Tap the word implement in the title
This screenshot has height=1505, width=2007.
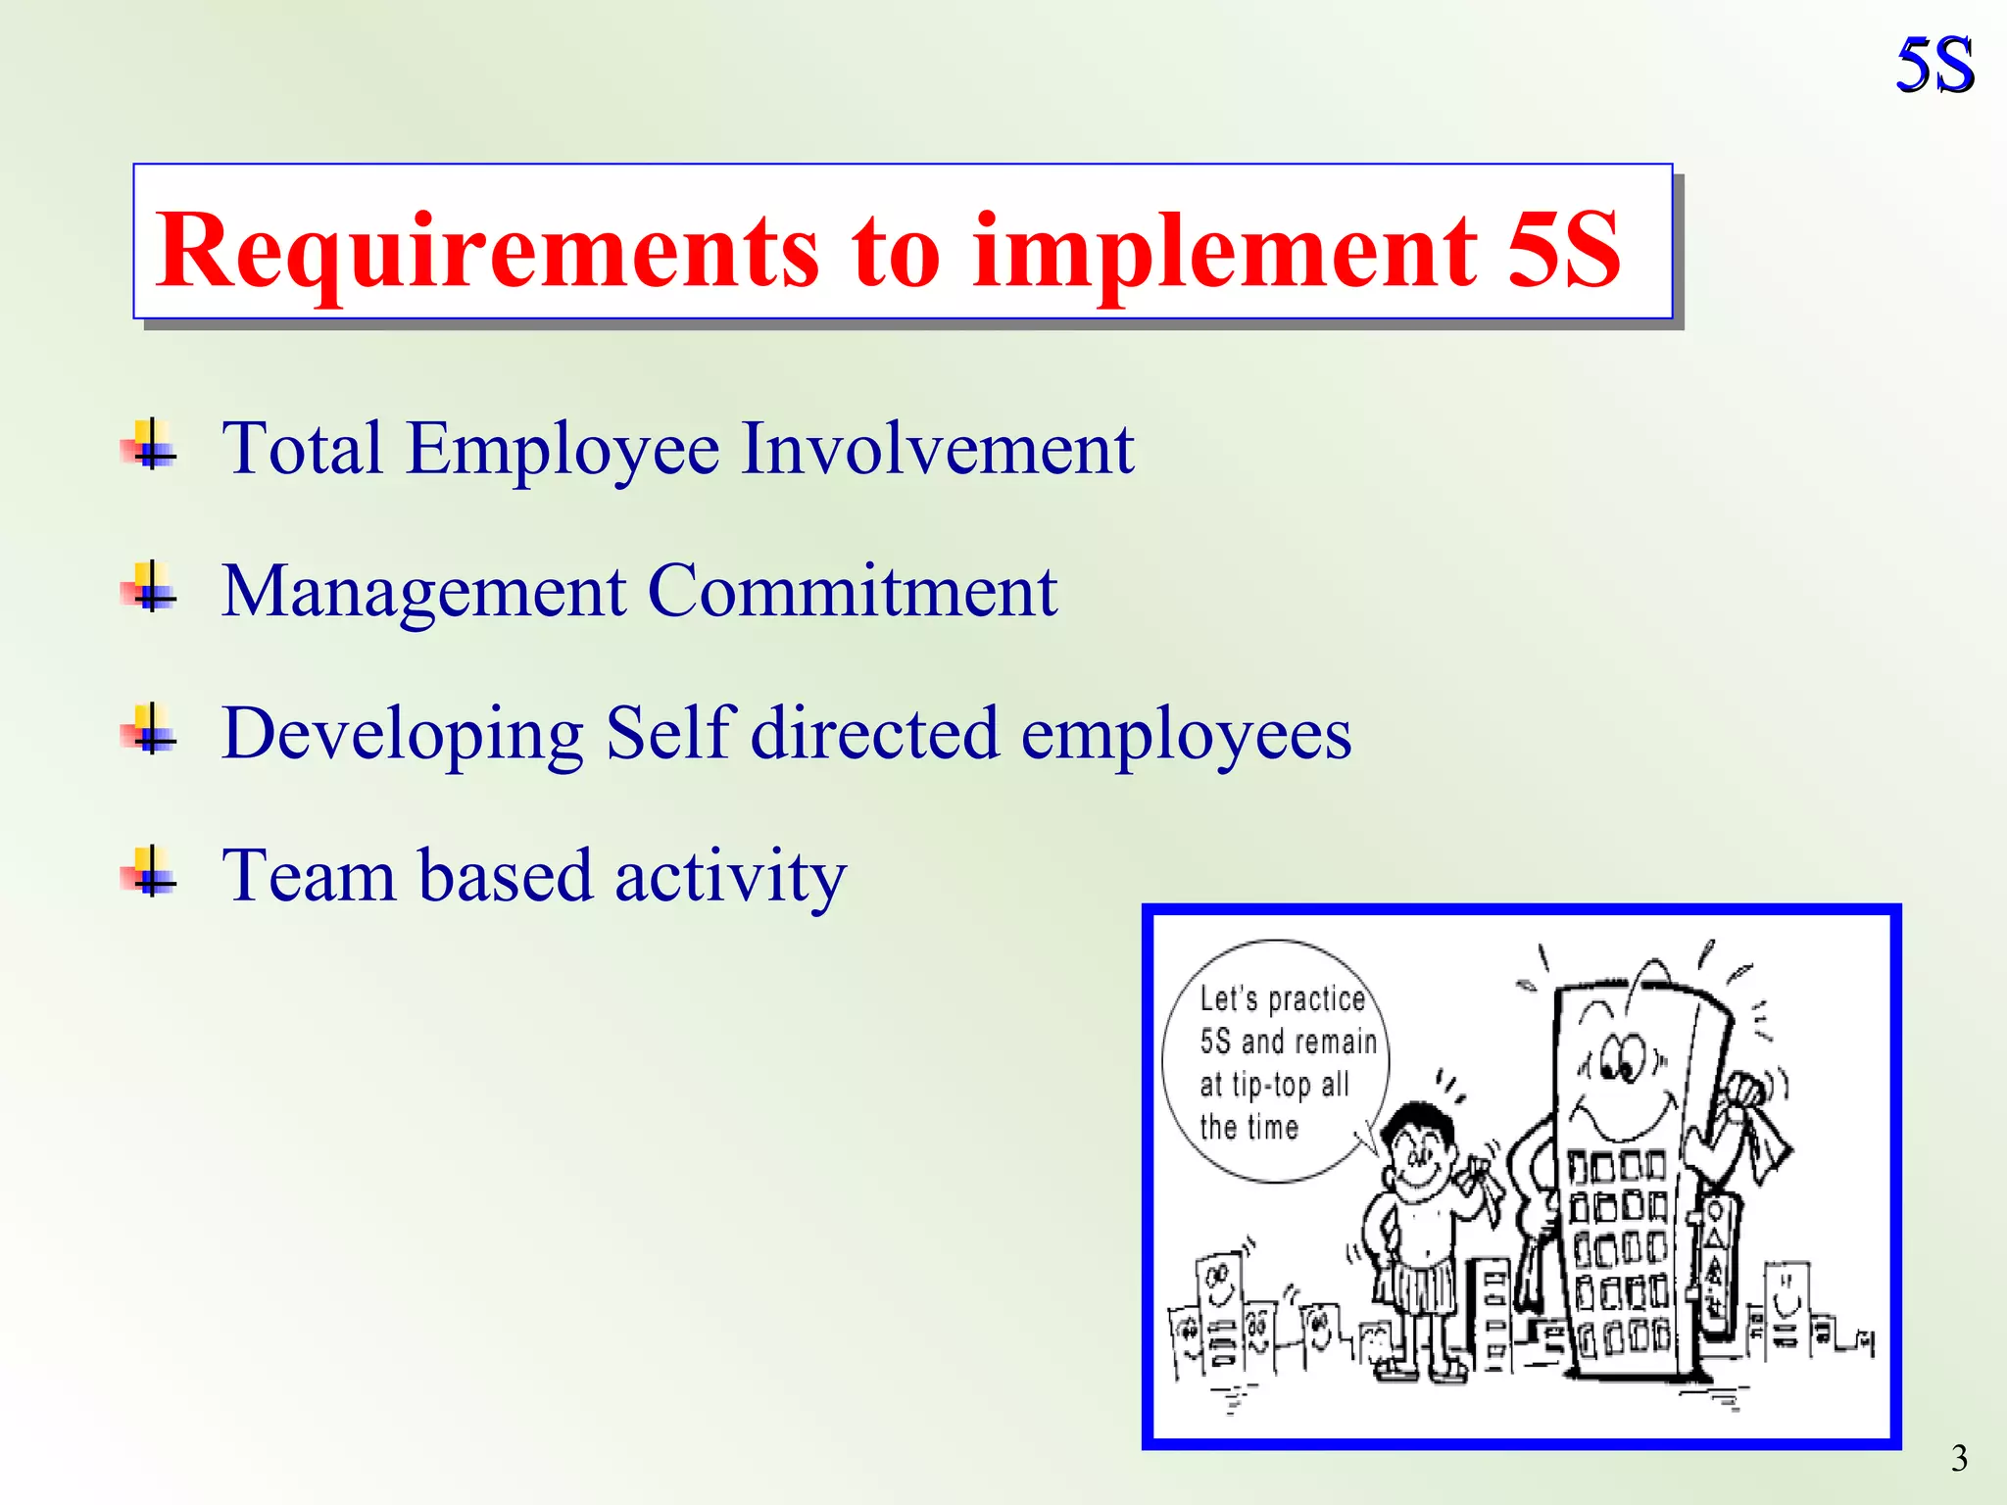[1224, 252]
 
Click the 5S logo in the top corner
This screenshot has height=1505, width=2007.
[1934, 66]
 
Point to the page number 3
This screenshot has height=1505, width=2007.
[1959, 1458]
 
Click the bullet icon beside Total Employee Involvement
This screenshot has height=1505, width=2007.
[150, 446]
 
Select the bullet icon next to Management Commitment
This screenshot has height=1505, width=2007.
[150, 588]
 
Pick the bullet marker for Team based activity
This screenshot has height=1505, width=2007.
[150, 872]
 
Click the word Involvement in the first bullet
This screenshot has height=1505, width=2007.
[937, 449]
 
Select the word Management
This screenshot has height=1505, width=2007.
[423, 593]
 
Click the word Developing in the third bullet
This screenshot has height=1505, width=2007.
[402, 735]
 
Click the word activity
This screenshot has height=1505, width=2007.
[730, 877]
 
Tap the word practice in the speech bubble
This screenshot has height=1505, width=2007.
[1316, 1000]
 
